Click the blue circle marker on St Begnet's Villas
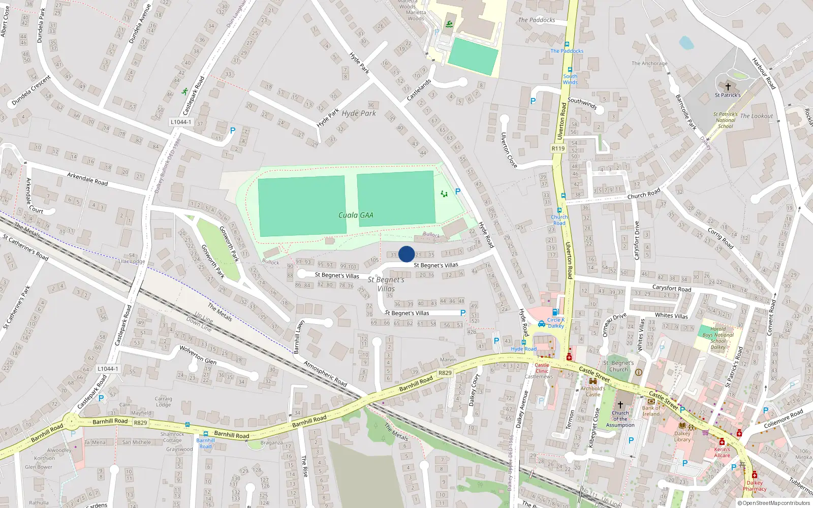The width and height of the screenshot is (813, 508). coord(407,254)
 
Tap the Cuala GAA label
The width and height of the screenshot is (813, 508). coord(356,215)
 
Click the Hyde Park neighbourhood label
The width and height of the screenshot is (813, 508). coord(359,113)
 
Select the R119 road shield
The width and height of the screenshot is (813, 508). coord(558,148)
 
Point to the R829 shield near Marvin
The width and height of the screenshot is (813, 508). coord(445,373)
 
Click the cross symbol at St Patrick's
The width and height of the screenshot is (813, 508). coord(728,87)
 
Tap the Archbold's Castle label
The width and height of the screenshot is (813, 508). coord(592,391)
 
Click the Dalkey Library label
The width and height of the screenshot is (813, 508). coord(682,436)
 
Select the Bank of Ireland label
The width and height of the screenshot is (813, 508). coord(651,411)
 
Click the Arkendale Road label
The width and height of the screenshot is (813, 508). coord(87,179)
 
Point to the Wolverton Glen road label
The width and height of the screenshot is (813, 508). coord(198,355)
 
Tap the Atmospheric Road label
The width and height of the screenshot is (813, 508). coord(325,374)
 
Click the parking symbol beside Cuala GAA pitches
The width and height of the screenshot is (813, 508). coord(458,192)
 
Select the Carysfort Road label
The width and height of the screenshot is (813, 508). coord(672,289)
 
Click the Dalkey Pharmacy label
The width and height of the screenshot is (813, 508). coord(755,486)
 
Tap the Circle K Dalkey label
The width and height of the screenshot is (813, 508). coord(556,323)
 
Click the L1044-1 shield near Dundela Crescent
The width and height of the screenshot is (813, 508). coord(181,122)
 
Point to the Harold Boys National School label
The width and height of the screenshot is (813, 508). coord(718,338)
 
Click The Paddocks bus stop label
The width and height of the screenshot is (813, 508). coord(567,51)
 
